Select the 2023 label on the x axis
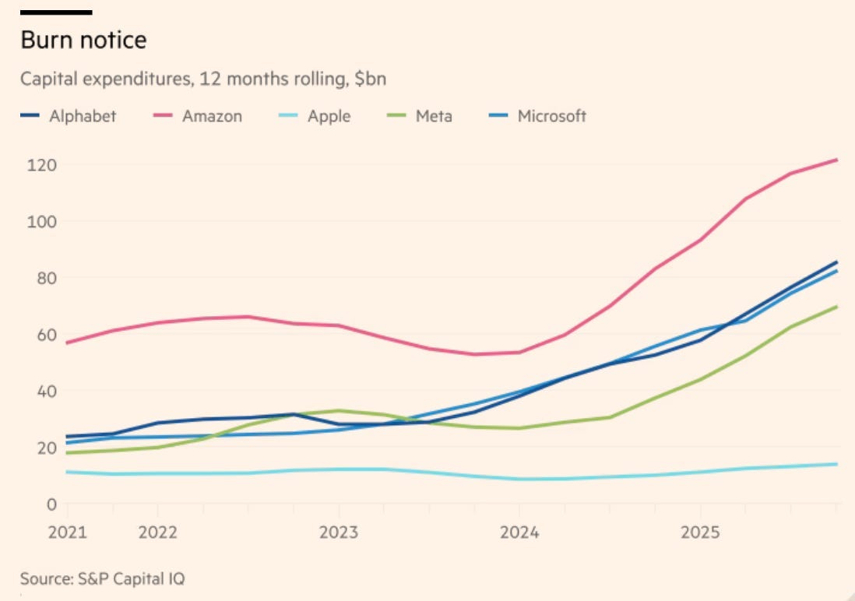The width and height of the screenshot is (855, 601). [338, 533]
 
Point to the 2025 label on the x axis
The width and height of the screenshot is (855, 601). [699, 533]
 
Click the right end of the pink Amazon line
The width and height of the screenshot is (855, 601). [837, 160]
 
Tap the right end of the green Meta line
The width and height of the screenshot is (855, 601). [837, 307]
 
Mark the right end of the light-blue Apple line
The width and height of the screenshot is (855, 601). [837, 464]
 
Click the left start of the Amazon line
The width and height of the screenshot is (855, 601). [68, 343]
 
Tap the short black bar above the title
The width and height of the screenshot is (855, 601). [56, 12]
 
